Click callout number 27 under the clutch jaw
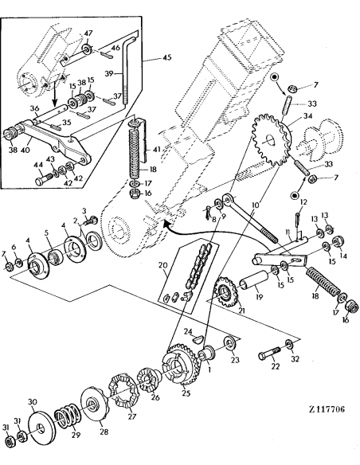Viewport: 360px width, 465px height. [132, 416]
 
